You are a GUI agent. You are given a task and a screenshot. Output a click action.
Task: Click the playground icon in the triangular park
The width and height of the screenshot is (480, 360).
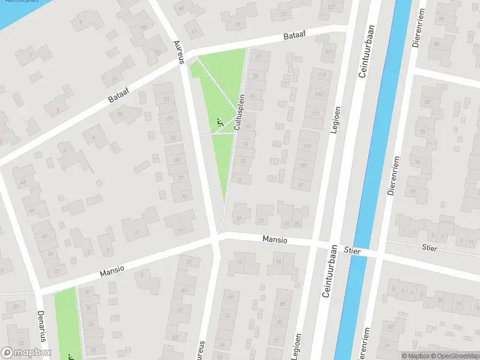pos(219,122)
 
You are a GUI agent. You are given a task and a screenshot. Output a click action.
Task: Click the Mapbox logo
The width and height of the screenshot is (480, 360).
pos(26,352)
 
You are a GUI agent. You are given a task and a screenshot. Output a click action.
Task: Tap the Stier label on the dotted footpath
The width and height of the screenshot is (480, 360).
pos(430,247)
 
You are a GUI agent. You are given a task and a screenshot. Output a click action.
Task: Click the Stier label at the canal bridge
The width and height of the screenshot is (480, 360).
pos(353,251)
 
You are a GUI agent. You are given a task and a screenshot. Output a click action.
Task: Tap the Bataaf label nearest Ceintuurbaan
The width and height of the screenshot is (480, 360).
pos(295,37)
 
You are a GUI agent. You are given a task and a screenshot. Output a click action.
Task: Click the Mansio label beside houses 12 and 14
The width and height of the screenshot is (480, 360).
pos(275,239)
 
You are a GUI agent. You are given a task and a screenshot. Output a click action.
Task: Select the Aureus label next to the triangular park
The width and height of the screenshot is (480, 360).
pos(178,53)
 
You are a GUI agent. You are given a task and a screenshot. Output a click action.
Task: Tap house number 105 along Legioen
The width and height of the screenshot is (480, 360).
pos(308,147)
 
